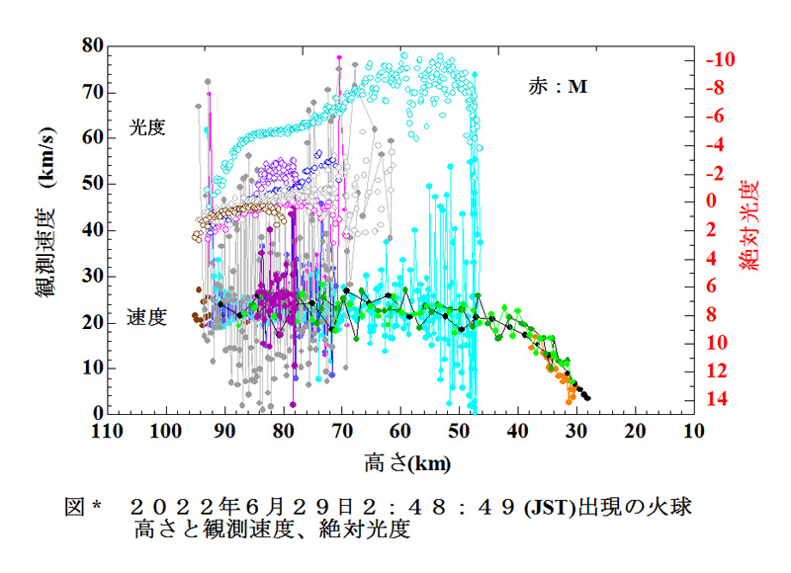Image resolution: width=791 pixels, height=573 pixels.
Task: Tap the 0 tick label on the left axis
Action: (x=96, y=413)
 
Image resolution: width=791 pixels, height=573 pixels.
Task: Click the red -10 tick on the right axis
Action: (x=721, y=59)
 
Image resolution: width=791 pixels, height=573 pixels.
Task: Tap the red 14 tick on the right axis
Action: (x=719, y=399)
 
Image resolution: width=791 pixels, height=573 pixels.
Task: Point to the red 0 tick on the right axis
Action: (x=715, y=201)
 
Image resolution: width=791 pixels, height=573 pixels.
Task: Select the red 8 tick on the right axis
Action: (x=713, y=314)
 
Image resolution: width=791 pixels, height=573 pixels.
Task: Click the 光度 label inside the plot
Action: (x=146, y=127)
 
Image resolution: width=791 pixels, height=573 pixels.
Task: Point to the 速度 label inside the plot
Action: (x=146, y=317)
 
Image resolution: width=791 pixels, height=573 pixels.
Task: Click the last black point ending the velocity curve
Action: (x=588, y=397)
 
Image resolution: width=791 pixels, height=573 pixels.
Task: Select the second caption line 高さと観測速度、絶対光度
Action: (x=274, y=530)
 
